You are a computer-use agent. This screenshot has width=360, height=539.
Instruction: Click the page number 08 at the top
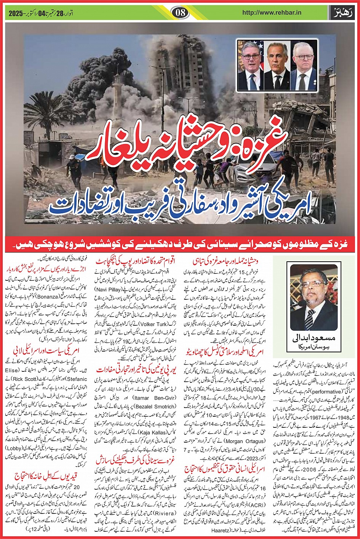coord(180,12)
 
